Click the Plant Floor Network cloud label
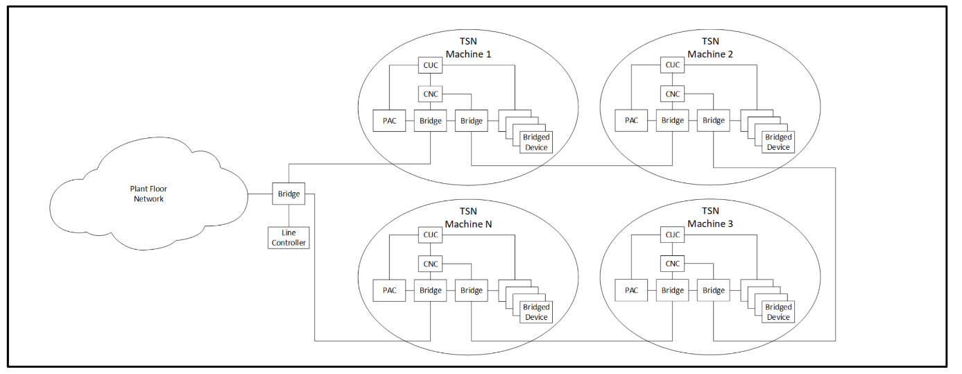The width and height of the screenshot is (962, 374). click(x=148, y=194)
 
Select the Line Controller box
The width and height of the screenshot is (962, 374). click(x=289, y=238)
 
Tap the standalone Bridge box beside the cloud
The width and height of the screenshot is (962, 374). click(x=289, y=194)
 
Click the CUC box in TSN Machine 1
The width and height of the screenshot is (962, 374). click(x=431, y=65)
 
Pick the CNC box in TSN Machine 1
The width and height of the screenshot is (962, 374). click(x=431, y=94)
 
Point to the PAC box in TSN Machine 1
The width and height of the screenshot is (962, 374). click(x=390, y=121)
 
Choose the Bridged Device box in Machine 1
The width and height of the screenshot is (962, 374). click(x=536, y=142)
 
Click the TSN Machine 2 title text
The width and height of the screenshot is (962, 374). click(x=710, y=48)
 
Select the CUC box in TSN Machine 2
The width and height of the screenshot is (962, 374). click(x=672, y=65)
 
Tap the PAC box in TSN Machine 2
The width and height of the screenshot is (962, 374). click(x=631, y=121)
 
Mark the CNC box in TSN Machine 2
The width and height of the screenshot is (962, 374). click(x=672, y=94)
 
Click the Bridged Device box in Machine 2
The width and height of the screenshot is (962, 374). click(x=778, y=142)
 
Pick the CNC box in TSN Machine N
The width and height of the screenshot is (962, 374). click(x=431, y=264)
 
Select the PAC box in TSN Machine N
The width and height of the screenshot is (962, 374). click(x=390, y=291)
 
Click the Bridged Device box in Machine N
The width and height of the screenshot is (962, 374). click(x=536, y=312)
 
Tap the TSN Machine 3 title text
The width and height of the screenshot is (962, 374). click(x=710, y=218)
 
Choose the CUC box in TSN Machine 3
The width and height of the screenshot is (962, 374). click(x=672, y=235)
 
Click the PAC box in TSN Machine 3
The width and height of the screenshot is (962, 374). click(x=631, y=291)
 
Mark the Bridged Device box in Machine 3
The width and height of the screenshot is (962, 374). click(x=778, y=312)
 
